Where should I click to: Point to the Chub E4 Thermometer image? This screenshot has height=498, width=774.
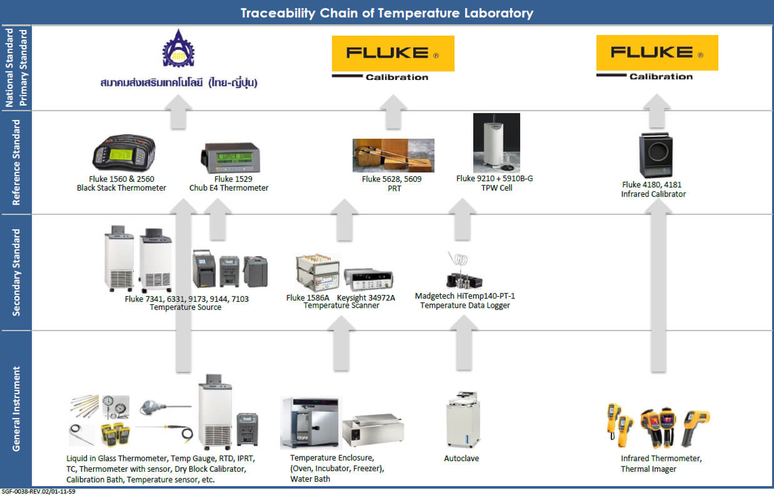coord(229,158)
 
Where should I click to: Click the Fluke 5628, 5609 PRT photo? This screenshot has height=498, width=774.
coord(393,155)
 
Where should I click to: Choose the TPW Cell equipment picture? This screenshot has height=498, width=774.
coord(496,142)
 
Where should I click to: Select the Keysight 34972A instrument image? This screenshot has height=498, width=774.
coord(369,279)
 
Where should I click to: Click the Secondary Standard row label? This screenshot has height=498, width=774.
coord(16,272)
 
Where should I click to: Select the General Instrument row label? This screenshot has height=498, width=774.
coord(16,409)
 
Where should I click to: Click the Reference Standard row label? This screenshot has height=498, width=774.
coord(16,162)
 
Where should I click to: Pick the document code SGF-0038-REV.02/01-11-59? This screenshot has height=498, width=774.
coord(39,492)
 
